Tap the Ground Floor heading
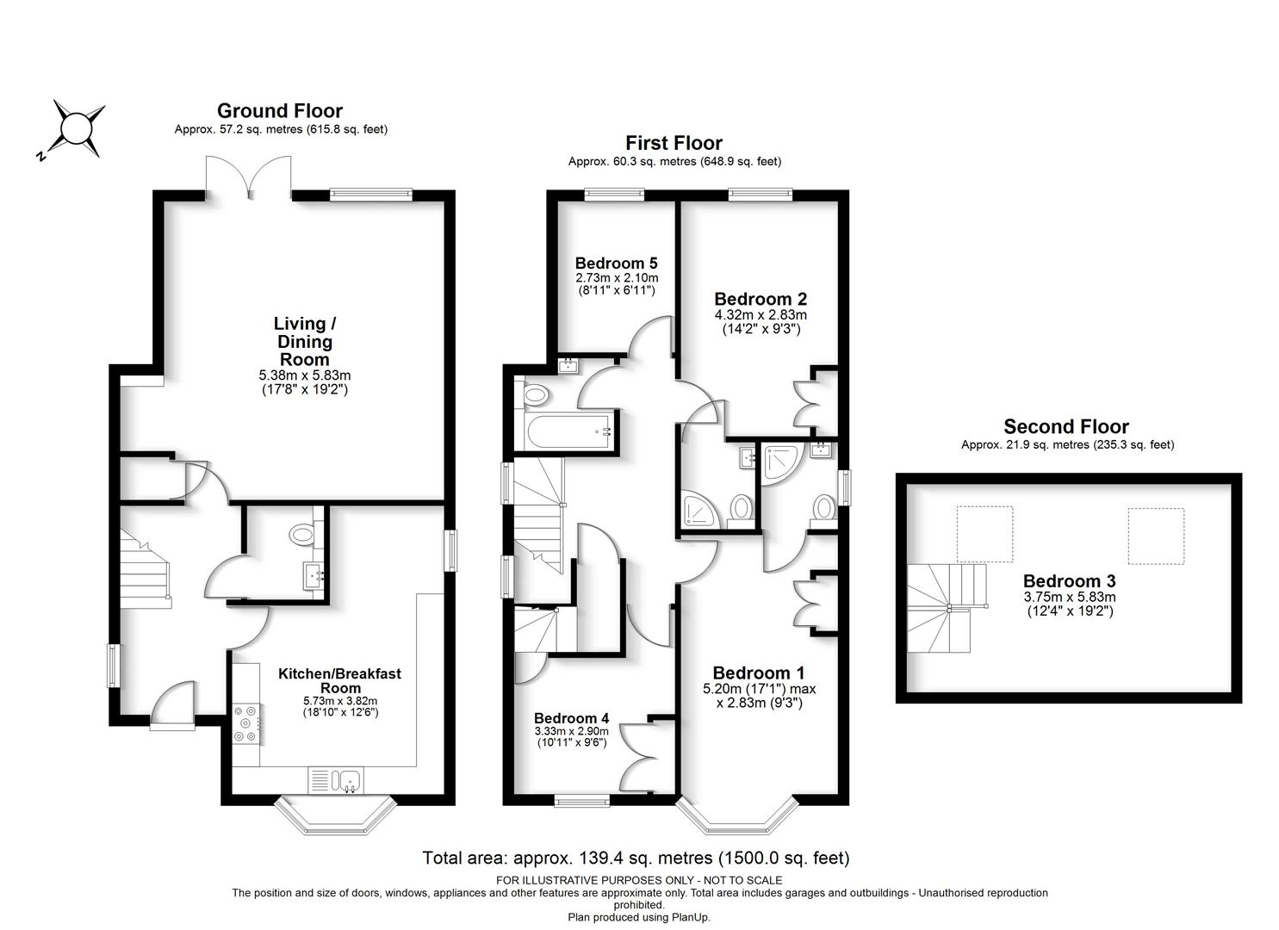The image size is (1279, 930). pyautogui.click(x=280, y=111)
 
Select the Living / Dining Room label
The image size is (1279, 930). pyautogui.click(x=305, y=341)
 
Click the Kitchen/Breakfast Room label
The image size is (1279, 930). pyautogui.click(x=339, y=680)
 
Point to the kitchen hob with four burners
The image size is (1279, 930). pyautogui.click(x=246, y=724)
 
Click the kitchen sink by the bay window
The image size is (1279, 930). pyautogui.click(x=350, y=780)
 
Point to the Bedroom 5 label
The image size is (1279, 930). pyautogui.click(x=616, y=263)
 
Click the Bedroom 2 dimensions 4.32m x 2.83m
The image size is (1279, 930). pyautogui.click(x=761, y=314)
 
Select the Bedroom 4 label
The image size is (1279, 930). pyautogui.click(x=572, y=718)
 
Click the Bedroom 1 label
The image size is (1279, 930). pyautogui.click(x=759, y=673)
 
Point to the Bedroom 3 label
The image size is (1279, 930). pyautogui.click(x=1070, y=581)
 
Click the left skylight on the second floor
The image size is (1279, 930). pyautogui.click(x=985, y=535)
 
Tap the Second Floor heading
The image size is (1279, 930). pyautogui.click(x=1066, y=427)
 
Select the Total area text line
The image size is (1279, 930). pyautogui.click(x=636, y=858)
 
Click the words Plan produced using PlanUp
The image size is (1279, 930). pyautogui.click(x=639, y=917)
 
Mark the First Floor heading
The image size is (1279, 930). pyautogui.click(x=674, y=143)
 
